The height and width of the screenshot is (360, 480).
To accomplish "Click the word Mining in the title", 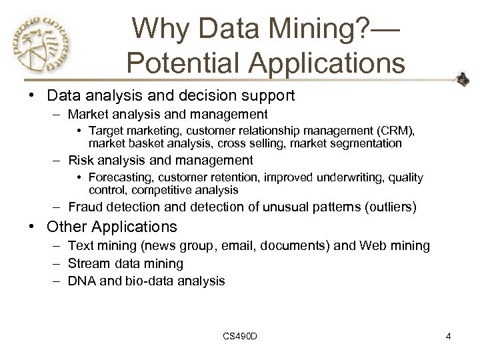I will [x=299, y=29].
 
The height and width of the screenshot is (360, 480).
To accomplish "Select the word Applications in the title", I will [x=331, y=63].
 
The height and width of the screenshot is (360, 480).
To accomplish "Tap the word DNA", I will [x=83, y=281].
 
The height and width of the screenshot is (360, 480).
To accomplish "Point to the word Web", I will [x=373, y=246].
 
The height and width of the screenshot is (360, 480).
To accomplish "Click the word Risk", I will [x=81, y=160].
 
